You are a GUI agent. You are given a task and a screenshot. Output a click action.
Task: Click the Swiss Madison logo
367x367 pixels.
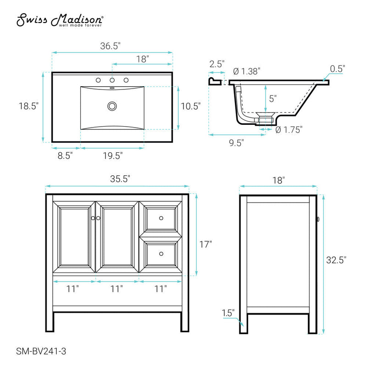point(60,20)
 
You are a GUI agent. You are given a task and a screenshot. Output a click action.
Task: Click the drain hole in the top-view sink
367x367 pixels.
point(111,106)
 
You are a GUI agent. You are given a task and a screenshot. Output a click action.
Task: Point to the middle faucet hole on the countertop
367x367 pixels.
point(111,80)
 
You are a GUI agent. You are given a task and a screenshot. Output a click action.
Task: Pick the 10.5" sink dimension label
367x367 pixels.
point(190,106)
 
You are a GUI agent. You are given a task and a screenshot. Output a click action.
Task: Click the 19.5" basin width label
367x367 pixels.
point(112,156)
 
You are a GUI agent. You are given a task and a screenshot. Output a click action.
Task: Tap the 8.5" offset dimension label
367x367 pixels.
point(65,156)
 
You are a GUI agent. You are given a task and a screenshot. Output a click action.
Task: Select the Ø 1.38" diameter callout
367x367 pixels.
point(246,71)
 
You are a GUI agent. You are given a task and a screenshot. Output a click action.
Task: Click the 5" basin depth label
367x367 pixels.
point(272,98)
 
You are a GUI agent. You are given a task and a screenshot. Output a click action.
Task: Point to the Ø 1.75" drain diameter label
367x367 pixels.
point(289,130)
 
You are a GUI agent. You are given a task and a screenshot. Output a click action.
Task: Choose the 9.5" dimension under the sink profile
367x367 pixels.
point(236,142)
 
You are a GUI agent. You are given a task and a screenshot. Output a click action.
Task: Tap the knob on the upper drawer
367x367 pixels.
point(161,217)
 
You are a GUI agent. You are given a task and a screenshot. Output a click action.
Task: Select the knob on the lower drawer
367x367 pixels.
point(161,253)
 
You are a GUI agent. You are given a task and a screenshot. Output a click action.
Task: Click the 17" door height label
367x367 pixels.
point(206,244)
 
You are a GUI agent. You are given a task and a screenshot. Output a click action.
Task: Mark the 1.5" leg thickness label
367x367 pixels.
point(228,313)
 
